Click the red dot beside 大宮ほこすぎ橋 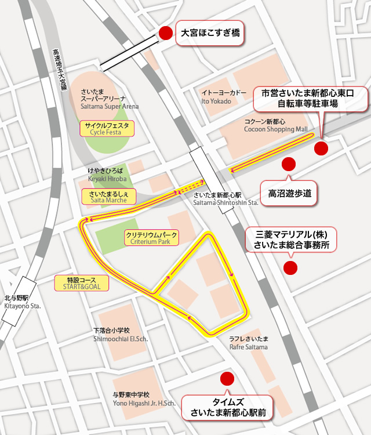coord(165,34)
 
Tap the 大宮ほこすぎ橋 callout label coord(208,34)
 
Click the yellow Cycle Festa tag coord(108,128)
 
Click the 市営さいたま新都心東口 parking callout coord(311,99)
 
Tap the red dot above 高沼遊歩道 coord(288,164)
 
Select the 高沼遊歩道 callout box coord(290,193)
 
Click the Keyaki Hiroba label coord(105,175)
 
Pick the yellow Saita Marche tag coord(108,196)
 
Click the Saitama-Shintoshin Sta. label coord(226,200)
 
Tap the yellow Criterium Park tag coord(151,238)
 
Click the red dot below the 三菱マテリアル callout coord(289,268)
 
